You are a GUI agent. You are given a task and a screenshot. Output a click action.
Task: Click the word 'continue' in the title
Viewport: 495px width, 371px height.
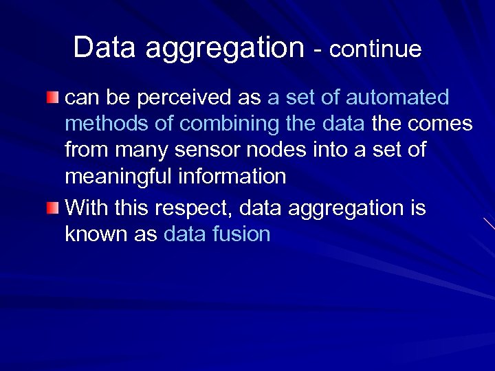[375, 49]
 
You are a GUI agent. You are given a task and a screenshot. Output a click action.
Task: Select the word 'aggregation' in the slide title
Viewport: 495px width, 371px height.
[225, 49]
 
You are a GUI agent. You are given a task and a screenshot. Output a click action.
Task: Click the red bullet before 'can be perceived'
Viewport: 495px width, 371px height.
[53, 97]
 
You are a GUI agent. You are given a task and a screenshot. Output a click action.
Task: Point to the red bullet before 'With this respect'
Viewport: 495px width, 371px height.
[53, 207]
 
